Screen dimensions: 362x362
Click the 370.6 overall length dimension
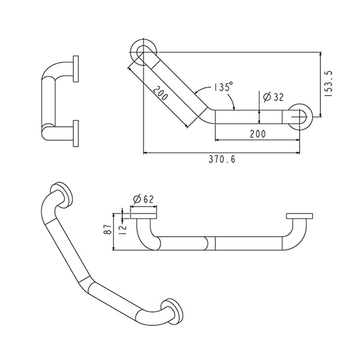tap(222, 159)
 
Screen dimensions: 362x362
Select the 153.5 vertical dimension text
tap(328, 84)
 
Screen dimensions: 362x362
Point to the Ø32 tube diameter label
tap(273, 97)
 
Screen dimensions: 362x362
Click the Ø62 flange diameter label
tap(143, 199)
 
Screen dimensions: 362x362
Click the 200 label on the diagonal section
tap(161, 93)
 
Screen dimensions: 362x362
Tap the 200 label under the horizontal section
tap(258, 134)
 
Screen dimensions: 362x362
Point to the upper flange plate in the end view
tap(76, 68)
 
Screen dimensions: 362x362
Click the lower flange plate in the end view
tap(76, 133)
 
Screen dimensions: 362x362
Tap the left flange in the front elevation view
tap(144, 216)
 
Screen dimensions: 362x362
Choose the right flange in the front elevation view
tap(299, 216)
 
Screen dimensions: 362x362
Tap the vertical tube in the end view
tap(49, 101)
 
